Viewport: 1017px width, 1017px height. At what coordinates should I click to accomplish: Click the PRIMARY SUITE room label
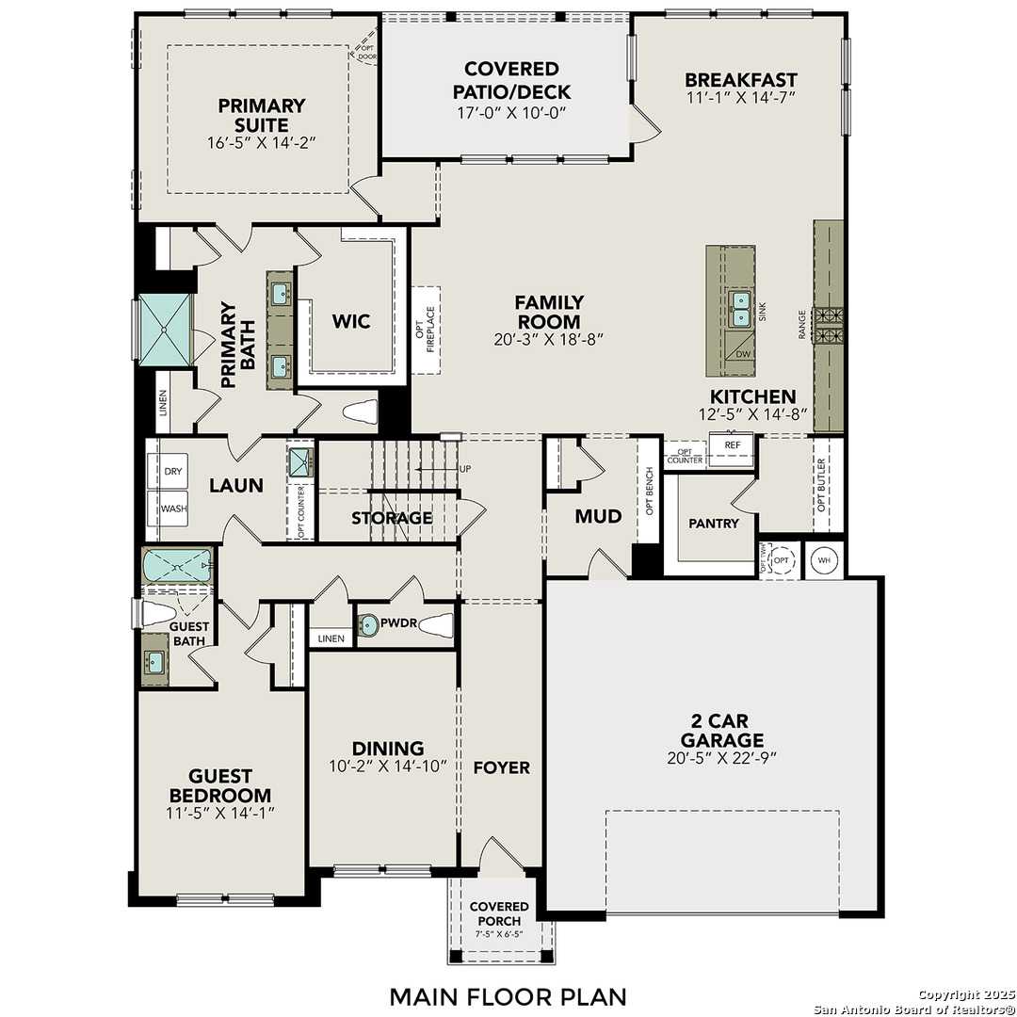coord(262,115)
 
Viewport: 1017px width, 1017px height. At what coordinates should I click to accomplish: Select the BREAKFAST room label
coord(740,80)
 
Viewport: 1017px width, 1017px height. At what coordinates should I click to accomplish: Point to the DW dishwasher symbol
coord(742,354)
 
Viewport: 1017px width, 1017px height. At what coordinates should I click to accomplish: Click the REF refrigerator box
coord(732,444)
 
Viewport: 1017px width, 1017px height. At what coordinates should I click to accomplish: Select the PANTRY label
coord(713,523)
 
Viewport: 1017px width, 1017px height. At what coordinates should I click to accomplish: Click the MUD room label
coord(598,516)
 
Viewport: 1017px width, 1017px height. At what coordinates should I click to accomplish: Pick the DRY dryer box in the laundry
coord(172,471)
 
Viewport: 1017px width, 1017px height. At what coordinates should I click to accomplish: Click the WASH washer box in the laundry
coord(172,508)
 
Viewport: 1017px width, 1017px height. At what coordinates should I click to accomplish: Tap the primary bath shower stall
coord(166,328)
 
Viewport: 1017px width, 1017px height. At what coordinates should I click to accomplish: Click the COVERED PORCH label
coord(499,912)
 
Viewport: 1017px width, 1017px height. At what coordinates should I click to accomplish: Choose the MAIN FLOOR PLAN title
coord(508,995)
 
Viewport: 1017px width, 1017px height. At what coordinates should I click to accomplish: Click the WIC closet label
coord(350,321)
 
